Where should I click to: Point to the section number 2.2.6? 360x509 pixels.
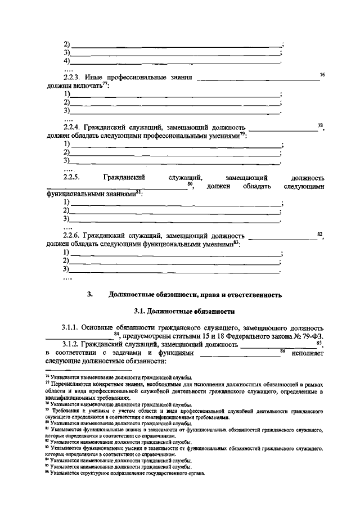73,236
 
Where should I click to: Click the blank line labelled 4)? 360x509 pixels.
174,61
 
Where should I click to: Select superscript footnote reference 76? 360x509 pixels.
322,74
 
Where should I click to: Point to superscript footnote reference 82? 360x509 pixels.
319,234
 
